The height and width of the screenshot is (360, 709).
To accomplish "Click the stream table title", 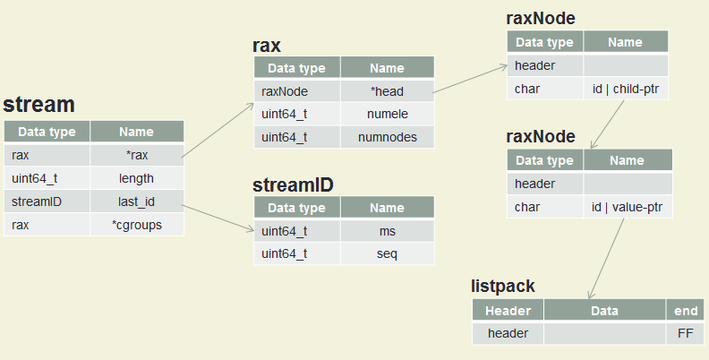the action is tap(38, 105).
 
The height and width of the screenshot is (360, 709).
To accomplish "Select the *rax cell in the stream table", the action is tap(137, 155).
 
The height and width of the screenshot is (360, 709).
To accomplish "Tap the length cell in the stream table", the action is tap(137, 178).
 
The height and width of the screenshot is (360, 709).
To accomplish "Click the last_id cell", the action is tap(137, 201).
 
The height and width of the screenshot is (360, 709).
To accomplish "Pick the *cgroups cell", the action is tap(137, 225).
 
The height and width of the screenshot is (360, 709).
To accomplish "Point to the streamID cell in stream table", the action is tap(47, 201).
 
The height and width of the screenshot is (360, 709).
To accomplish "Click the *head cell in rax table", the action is tap(387, 91).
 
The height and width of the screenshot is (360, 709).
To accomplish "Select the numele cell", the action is tap(387, 114).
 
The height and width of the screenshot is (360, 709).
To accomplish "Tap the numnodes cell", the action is tap(387, 137).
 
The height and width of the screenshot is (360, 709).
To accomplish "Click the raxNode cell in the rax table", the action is tap(297, 91).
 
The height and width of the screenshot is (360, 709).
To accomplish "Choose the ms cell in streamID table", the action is tap(387, 231).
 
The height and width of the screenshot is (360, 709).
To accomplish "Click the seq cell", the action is tap(387, 253).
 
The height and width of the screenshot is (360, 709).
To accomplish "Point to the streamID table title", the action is tap(293, 185).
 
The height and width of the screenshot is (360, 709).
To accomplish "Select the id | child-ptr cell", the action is tap(626, 89).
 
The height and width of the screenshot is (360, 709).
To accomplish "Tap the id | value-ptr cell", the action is tap(628, 207).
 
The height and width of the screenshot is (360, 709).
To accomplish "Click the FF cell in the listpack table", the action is tap(685, 333).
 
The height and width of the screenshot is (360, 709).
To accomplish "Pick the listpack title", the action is tap(503, 287).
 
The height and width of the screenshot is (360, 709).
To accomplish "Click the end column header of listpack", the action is tap(685, 311).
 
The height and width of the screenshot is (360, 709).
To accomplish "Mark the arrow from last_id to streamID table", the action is tap(218, 219).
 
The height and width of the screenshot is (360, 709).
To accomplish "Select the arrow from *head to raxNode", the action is tap(470, 79).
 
